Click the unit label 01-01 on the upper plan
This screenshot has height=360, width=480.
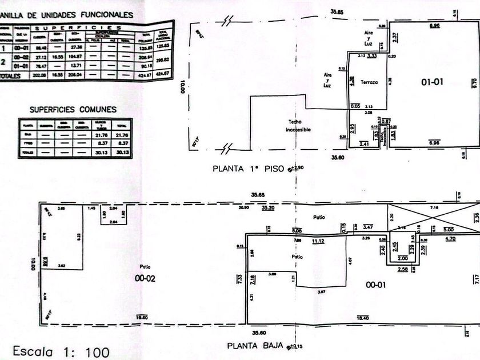pos(433,82)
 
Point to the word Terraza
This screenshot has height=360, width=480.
pos(369,83)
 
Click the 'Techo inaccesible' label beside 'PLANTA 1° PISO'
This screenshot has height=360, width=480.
pos(298,126)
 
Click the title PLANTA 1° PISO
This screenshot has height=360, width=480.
pos(248,169)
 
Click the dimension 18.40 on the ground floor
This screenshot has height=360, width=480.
pos(362,318)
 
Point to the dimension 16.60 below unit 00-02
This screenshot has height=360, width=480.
pos(142,318)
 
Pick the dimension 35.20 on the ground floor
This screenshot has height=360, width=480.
pos(267,209)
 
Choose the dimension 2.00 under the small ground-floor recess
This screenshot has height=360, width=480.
pos(403,258)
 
